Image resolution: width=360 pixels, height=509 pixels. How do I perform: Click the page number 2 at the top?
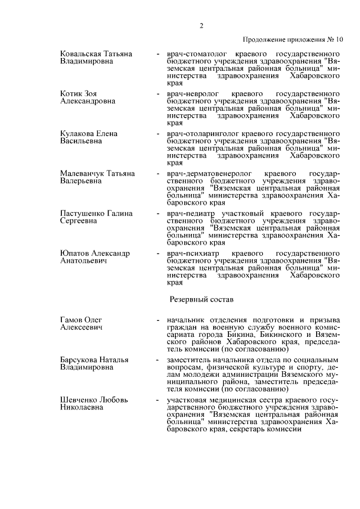pyautogui.click(x=201, y=25)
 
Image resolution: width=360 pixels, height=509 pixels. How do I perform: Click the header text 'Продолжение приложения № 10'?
pyautogui.click(x=292, y=40)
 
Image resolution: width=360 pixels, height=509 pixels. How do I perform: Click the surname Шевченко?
pyautogui.click(x=79, y=400)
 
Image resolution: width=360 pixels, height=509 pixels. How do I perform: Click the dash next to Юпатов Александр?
pyautogui.click(x=157, y=254)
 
